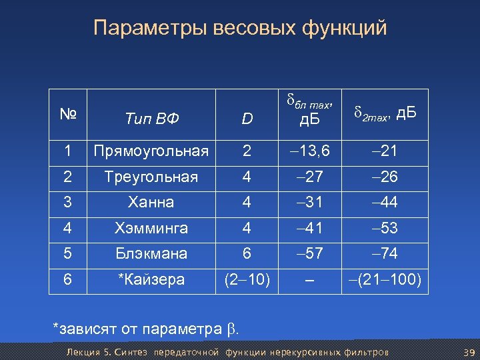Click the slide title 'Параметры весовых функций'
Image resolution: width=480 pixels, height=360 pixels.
click(240, 29)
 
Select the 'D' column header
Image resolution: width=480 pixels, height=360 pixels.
click(247, 119)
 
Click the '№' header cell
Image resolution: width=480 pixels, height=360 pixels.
click(67, 114)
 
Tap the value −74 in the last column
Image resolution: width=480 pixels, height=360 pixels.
click(383, 254)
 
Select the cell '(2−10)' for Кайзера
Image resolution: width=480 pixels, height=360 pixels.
click(247, 279)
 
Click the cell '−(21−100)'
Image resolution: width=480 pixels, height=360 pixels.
click(383, 279)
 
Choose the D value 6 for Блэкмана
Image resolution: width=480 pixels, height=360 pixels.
click(247, 254)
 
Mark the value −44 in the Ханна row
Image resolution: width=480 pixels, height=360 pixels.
click(383, 202)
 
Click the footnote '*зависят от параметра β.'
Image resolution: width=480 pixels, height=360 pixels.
click(145, 329)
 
